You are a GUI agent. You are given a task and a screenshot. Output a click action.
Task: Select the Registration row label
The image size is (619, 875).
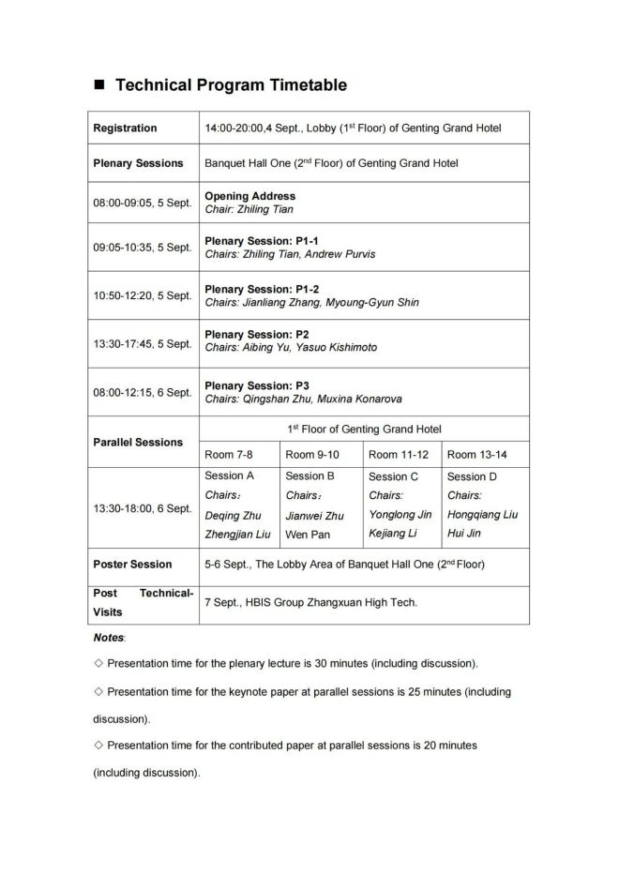click(x=125, y=128)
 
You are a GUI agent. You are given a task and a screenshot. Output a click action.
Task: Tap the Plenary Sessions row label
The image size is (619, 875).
click(x=138, y=163)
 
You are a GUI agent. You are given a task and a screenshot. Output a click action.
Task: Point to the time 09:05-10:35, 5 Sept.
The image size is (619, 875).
click(x=142, y=249)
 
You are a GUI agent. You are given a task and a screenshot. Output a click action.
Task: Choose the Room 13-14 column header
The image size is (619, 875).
click(x=476, y=455)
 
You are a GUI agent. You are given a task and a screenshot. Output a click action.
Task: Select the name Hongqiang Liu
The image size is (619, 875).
click(x=482, y=515)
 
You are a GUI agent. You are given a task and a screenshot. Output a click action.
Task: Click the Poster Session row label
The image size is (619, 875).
click(x=132, y=565)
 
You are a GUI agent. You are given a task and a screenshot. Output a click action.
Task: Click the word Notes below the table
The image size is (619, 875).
click(x=108, y=638)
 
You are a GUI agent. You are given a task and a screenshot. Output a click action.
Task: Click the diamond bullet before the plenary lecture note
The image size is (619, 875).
click(x=98, y=664)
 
